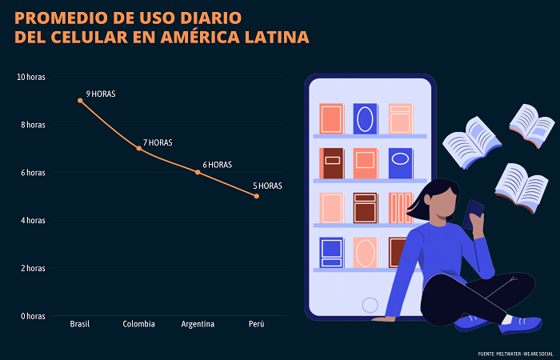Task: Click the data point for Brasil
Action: click(x=80, y=100)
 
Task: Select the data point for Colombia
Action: click(x=138, y=148)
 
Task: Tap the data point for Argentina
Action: click(x=198, y=172)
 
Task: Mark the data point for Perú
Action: click(x=256, y=196)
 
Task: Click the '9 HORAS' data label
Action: click(x=101, y=94)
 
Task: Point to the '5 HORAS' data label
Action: click(x=267, y=186)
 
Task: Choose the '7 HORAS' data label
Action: click(x=158, y=143)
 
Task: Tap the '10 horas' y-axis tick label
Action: click(x=30, y=77)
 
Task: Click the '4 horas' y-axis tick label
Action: click(x=32, y=220)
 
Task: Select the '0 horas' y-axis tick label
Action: click(x=32, y=316)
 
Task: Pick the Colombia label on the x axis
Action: click(x=138, y=324)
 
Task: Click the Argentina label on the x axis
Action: click(x=198, y=324)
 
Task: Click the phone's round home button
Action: click(x=370, y=305)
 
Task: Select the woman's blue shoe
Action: click(x=520, y=324)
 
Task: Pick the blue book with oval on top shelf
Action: click(x=366, y=118)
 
